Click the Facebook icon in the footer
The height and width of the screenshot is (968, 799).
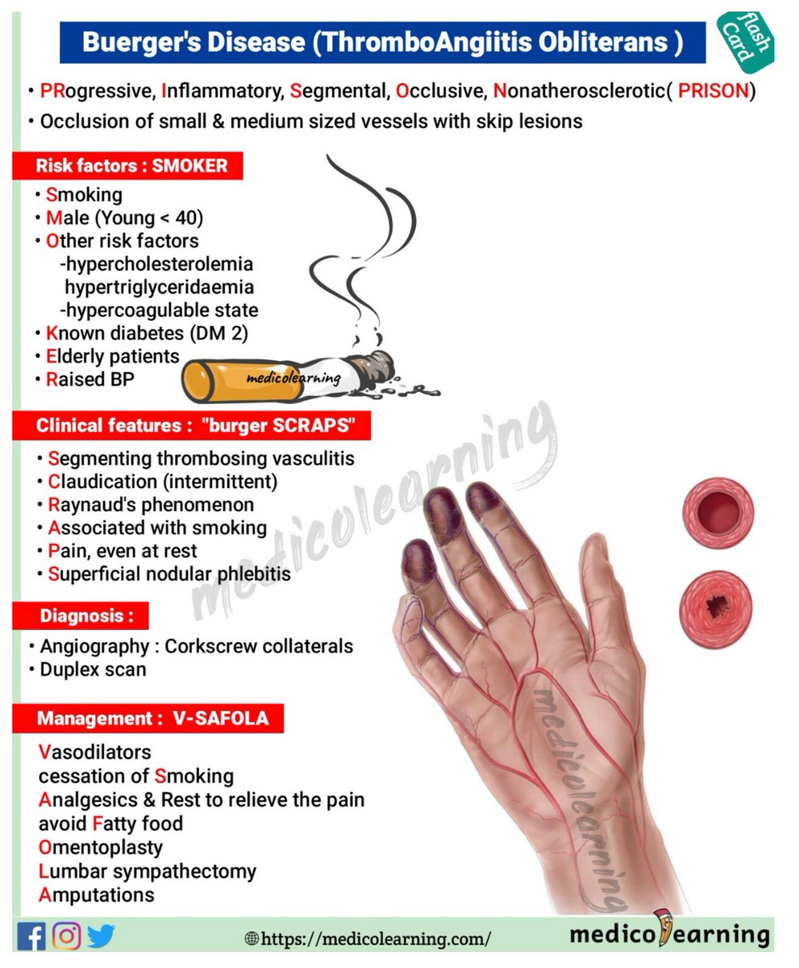coord(31,936)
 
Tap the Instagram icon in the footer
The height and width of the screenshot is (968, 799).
coord(66,936)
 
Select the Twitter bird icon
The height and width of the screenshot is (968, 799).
coord(102,936)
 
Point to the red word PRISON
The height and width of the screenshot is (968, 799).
coord(713,91)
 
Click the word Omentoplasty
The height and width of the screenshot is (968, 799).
coord(101,848)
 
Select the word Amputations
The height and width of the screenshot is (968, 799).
coord(97,895)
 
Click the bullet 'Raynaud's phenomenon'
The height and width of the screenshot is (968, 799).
coord(151,505)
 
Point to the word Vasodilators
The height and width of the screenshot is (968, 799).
coord(95,753)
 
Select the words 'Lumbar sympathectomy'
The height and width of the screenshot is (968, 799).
coord(148,871)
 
